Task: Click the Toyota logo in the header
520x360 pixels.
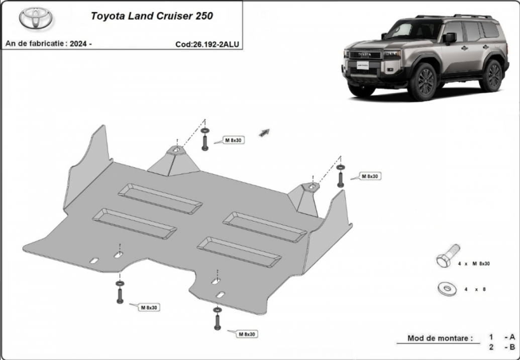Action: coord(36,18)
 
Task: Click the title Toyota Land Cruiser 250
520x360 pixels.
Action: coord(152,16)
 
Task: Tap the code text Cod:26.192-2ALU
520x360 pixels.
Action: coord(207,44)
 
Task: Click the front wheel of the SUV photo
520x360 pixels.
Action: coord(424,81)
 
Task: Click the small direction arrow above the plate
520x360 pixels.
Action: coord(264,133)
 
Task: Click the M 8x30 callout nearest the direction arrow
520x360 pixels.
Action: coord(233,140)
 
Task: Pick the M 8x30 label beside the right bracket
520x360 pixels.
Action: coord(370,176)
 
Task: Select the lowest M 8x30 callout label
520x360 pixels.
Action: coord(247,334)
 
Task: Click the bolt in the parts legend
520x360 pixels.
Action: coord(448,256)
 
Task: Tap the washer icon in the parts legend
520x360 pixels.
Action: coord(447,289)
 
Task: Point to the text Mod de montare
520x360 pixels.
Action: coord(440,338)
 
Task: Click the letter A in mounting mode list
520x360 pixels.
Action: coord(512,337)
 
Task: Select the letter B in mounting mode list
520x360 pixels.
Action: coord(512,347)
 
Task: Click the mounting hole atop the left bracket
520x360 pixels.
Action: coord(177,150)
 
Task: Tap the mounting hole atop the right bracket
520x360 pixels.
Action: coord(313,187)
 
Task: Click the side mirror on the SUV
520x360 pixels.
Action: coord(449,38)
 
